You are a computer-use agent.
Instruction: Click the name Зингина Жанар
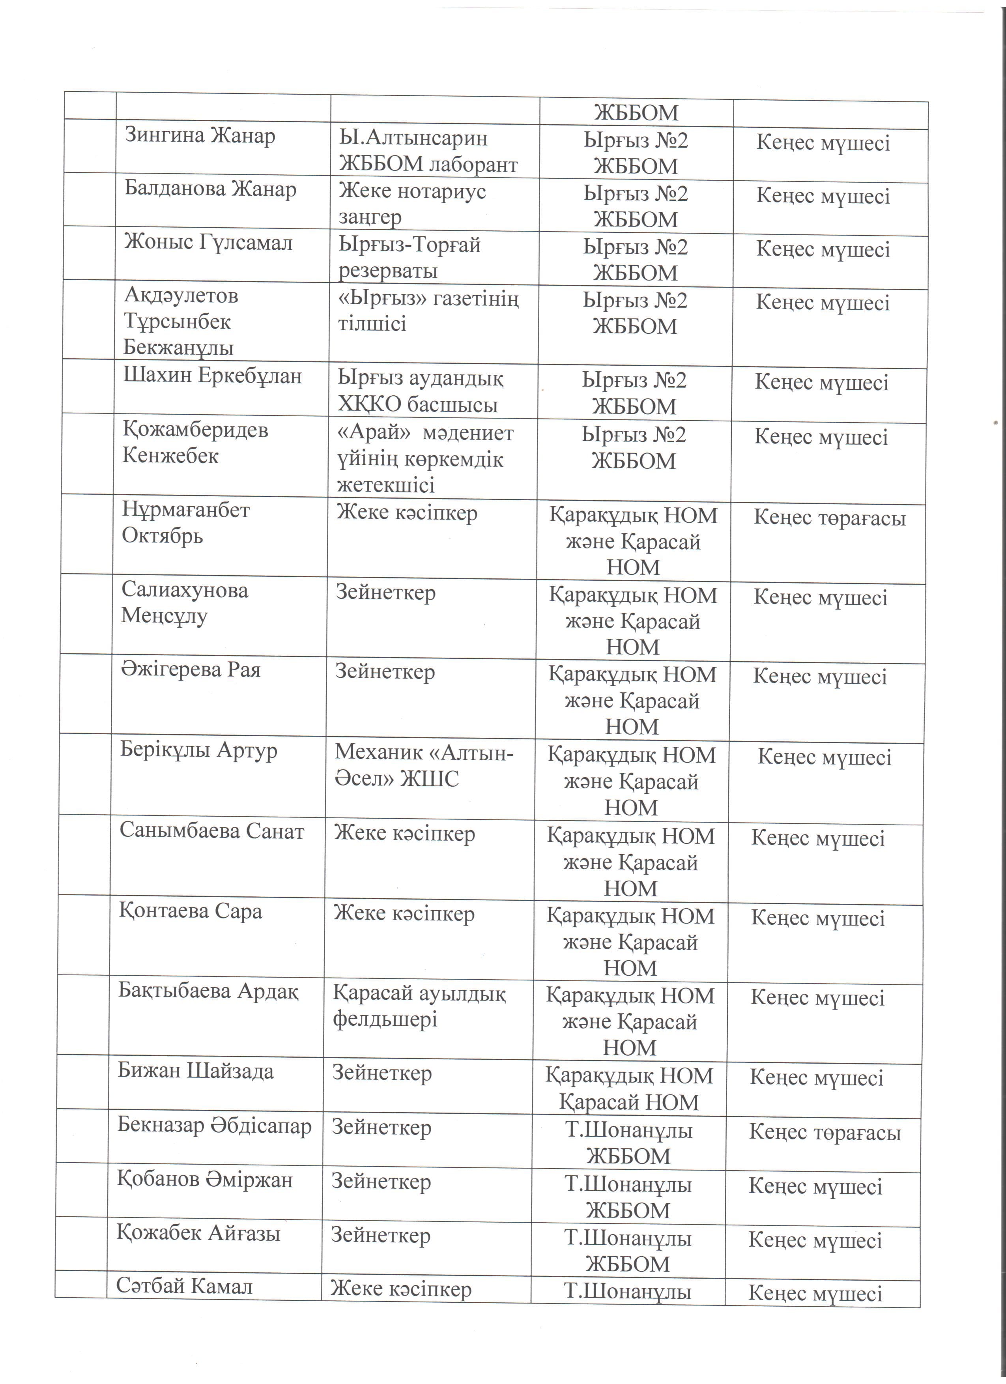200,135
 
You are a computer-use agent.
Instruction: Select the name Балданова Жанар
211,189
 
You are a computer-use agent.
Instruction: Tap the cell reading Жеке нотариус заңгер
412,204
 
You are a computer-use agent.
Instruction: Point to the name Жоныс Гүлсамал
209,243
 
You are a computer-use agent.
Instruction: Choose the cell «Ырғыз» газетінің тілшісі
428,311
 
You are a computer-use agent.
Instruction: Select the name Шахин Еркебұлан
212,375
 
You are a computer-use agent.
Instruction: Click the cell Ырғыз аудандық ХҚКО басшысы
420,391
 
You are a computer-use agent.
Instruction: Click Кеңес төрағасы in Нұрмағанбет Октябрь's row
829,518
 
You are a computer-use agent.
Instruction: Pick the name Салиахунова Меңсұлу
184,602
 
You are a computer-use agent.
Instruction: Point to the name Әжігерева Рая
190,670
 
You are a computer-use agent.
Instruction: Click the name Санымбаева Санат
212,831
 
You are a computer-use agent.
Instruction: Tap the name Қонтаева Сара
190,911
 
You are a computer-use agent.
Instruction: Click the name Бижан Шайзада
195,1072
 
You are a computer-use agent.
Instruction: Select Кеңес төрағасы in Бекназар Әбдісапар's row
825,1133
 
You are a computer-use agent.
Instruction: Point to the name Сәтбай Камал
184,1287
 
